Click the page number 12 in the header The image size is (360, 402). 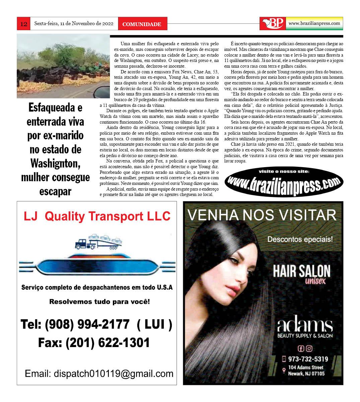point(23,24)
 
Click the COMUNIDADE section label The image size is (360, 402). point(142,24)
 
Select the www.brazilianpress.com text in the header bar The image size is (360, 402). point(314,23)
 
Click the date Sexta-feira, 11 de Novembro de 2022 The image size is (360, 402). point(74,24)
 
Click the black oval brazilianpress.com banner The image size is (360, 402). point(284,182)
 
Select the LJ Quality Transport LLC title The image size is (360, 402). point(97,216)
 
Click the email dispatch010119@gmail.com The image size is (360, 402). point(99,374)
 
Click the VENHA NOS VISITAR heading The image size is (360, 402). point(262,215)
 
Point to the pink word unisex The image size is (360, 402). point(315,281)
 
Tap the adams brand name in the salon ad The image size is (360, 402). point(305,325)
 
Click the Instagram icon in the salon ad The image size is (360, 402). point(309,348)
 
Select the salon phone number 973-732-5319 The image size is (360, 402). point(308,359)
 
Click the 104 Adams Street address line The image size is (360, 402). point(306,367)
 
